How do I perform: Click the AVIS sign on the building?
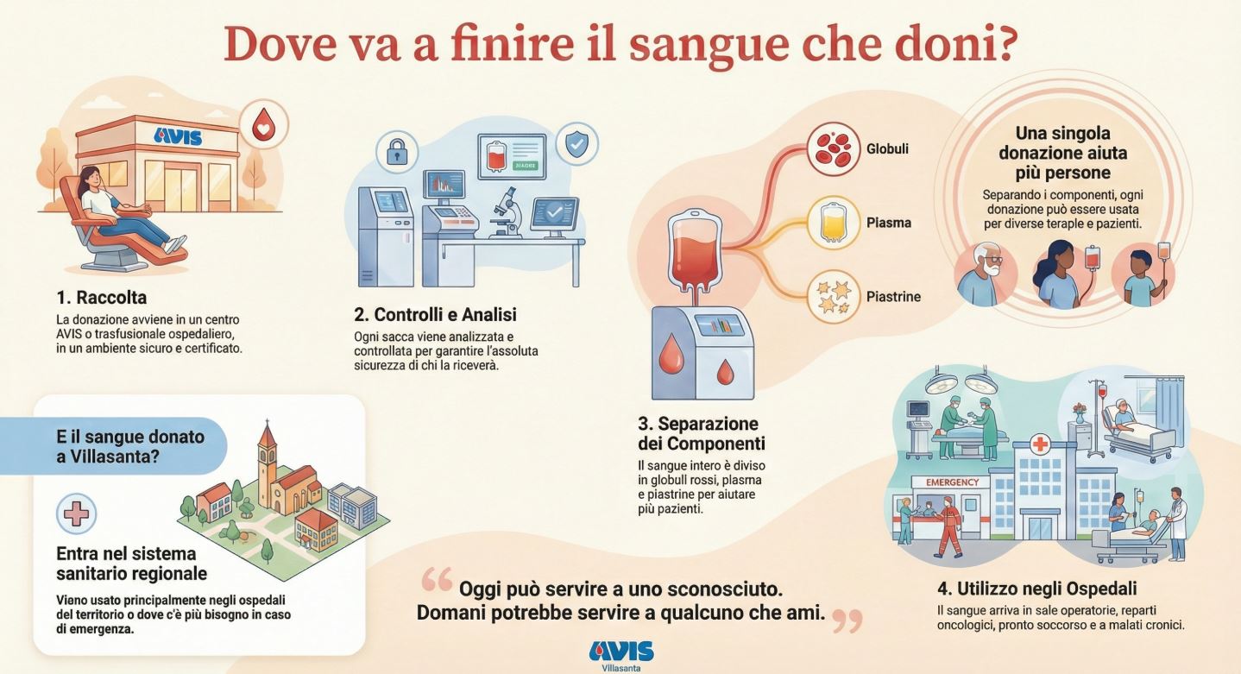click(177, 136)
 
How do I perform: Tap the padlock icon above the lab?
click(397, 152)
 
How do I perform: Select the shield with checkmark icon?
click(576, 143)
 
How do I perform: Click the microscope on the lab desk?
click(505, 212)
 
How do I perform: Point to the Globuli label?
click(887, 148)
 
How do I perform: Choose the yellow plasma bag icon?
click(833, 223)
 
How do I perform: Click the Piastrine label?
click(893, 297)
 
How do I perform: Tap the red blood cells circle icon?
click(833, 149)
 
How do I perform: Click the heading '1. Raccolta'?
click(101, 298)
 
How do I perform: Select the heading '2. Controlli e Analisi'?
click(435, 315)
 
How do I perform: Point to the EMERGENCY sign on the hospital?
click(953, 482)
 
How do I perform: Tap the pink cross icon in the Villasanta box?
click(77, 513)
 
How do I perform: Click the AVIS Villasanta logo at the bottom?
click(621, 656)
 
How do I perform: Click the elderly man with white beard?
click(985, 274)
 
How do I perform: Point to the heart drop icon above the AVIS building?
click(264, 125)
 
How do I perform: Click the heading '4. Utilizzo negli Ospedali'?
click(1036, 589)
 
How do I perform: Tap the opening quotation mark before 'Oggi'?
click(437, 579)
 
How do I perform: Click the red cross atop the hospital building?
click(1040, 444)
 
